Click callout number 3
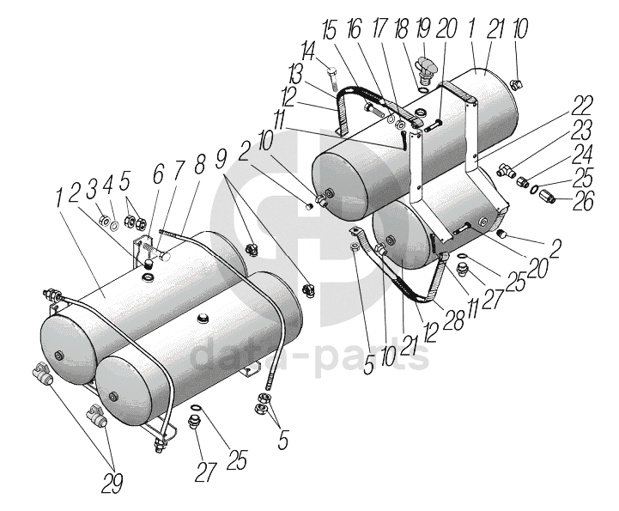pos(92,189)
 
